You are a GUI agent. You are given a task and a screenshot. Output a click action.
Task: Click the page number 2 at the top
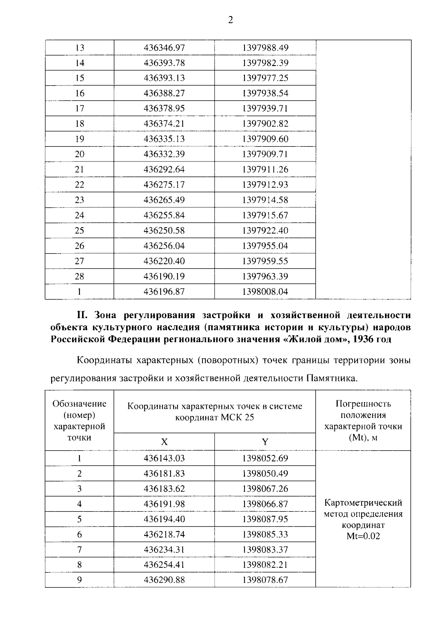[x=230, y=21]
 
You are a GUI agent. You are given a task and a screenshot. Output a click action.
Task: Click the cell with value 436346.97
[x=164, y=48]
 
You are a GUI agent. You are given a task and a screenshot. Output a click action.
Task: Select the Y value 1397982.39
[x=265, y=63]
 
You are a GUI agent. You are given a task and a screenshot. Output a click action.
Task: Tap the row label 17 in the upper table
[x=80, y=109]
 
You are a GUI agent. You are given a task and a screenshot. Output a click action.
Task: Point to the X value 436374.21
[x=164, y=124]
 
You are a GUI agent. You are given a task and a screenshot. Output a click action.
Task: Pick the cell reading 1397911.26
[x=265, y=170]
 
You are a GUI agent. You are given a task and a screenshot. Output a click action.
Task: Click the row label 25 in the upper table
[x=80, y=230]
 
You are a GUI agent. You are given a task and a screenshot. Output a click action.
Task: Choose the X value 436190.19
[x=164, y=276]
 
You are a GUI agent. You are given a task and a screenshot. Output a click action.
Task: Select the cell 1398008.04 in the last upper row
[x=265, y=292]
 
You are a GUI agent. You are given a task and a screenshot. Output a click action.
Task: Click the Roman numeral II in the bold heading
[x=81, y=315]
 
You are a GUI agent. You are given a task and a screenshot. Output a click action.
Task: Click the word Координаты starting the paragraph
[x=104, y=360]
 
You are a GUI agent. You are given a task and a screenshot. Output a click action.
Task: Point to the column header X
[x=164, y=442]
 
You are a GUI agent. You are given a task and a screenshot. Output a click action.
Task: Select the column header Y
[x=265, y=442]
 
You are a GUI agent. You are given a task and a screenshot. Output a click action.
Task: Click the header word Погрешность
[x=363, y=404]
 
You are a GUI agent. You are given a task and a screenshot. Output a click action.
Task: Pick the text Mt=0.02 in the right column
[x=363, y=536]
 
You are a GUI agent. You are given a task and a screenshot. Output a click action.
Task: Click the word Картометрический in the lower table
[x=363, y=502]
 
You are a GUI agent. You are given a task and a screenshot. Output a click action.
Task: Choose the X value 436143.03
[x=164, y=458]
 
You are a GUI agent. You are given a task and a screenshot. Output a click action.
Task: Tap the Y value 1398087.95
[x=265, y=519]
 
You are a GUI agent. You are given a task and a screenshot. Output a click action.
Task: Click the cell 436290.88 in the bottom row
[x=164, y=580]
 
